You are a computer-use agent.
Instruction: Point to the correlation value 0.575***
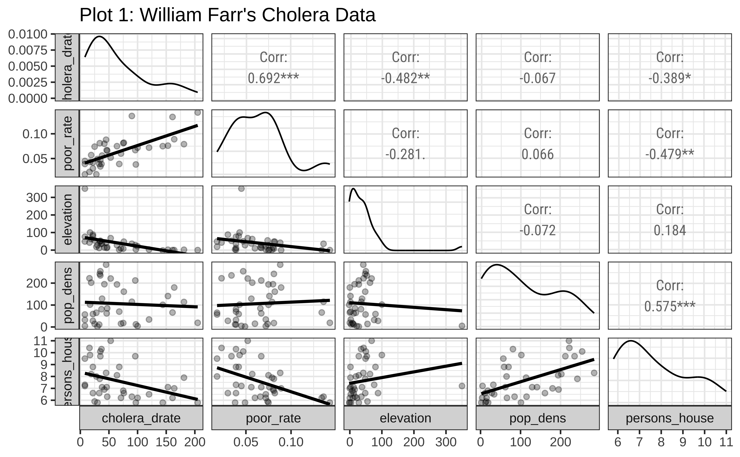[670, 306]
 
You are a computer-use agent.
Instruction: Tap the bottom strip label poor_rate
[273, 418]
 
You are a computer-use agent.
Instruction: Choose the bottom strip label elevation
[405, 418]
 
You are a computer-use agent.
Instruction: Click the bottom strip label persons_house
[670, 418]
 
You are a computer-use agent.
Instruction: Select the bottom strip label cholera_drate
[141, 418]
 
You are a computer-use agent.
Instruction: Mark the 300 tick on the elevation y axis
[37, 198]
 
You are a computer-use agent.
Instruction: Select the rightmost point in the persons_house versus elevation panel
[462, 386]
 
